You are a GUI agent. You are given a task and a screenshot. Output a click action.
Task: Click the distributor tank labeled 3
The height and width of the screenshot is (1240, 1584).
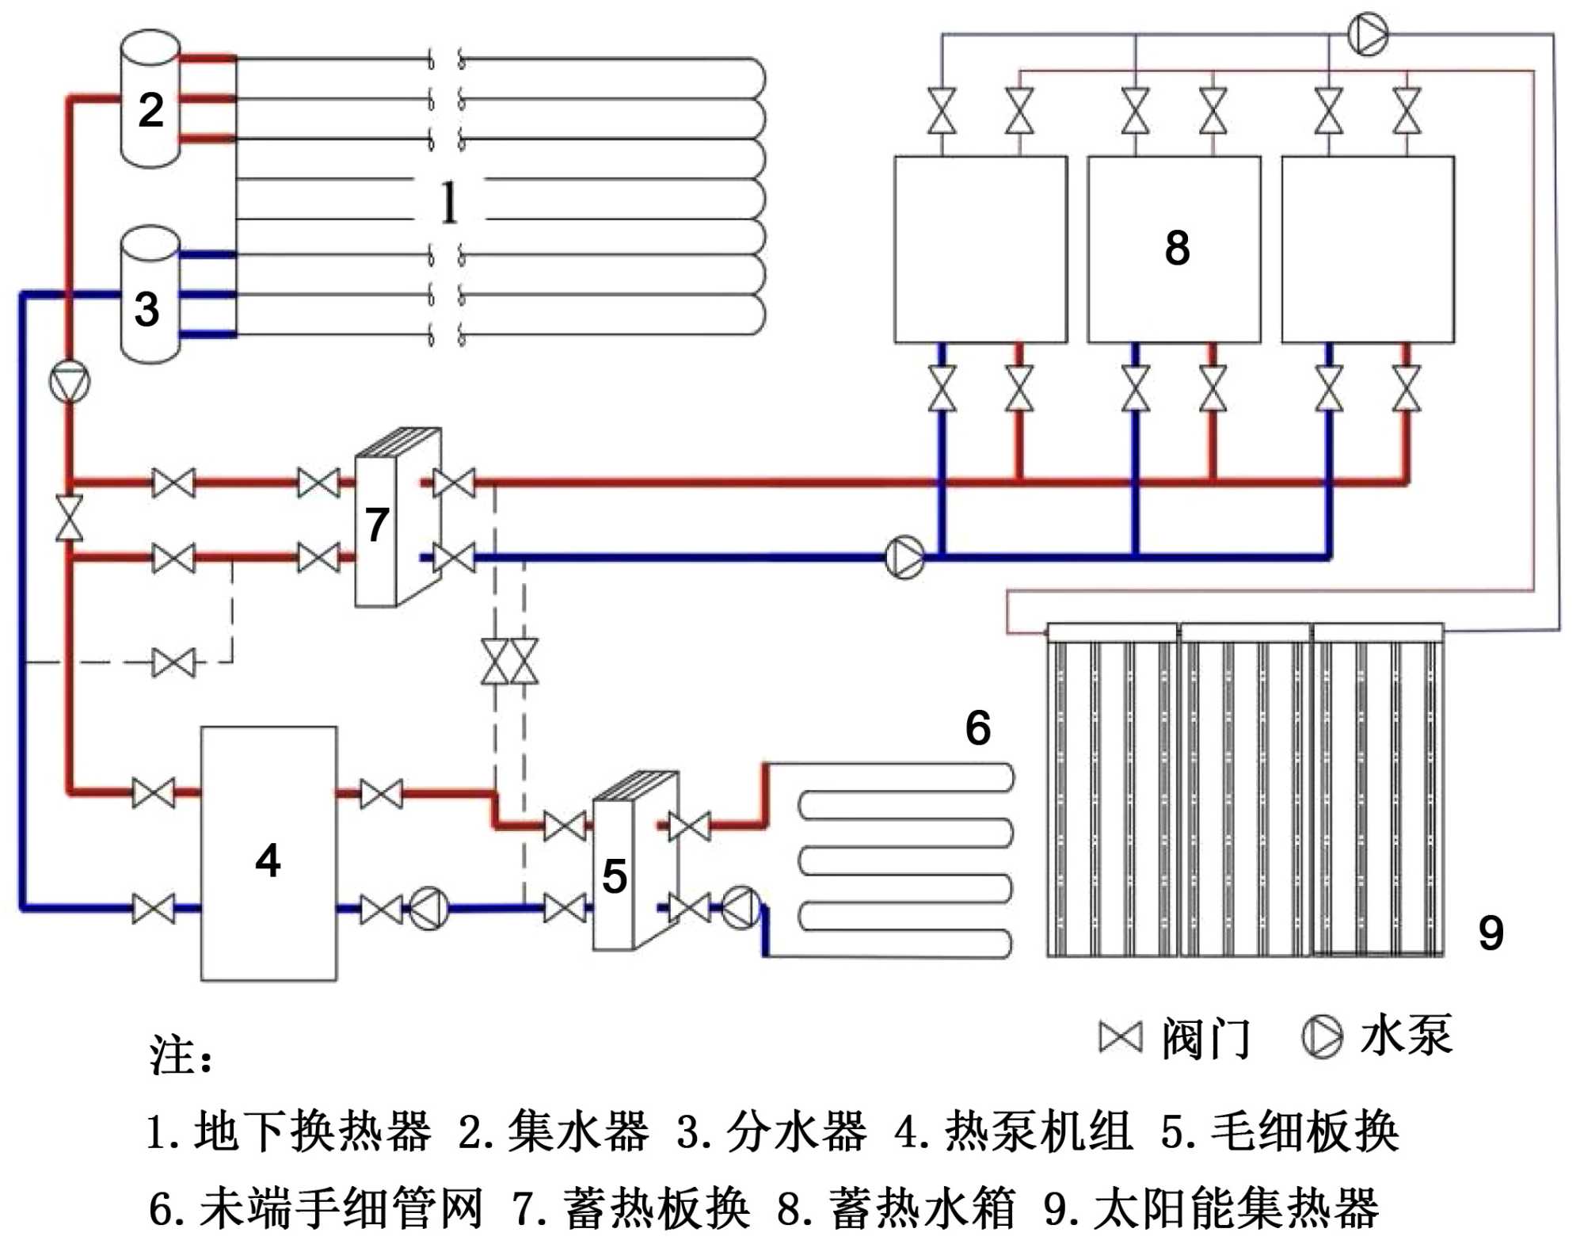[x=150, y=296]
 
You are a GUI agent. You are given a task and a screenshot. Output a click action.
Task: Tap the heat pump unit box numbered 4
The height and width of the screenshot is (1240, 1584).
[x=268, y=854]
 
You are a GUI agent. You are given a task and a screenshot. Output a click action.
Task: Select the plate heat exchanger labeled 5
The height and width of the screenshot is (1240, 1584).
[x=626, y=864]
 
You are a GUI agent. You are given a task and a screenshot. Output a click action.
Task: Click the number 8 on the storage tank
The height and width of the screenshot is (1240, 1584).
[x=1177, y=248]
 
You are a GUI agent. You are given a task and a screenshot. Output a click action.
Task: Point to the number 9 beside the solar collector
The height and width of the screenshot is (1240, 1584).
[x=1491, y=933]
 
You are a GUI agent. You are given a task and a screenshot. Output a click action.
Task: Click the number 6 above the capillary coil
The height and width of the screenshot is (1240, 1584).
[x=977, y=727]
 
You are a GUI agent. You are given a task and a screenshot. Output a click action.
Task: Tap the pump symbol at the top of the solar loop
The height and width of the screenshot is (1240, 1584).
[x=1367, y=35]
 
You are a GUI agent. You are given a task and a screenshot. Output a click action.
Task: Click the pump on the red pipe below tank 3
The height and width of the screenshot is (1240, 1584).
[x=70, y=382]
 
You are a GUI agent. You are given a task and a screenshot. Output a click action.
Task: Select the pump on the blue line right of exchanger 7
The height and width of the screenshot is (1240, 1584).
[x=904, y=557]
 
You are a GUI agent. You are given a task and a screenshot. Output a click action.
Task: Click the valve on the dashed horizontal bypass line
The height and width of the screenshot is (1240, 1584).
[x=173, y=662]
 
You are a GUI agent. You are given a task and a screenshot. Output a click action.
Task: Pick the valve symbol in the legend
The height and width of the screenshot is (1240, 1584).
[x=1121, y=1037]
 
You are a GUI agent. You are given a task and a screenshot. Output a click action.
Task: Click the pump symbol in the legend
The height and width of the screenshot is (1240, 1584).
[x=1322, y=1037]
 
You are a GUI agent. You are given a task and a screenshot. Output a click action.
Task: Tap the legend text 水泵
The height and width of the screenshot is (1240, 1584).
[x=1407, y=1036]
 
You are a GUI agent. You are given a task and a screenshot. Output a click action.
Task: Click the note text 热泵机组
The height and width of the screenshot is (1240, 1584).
[x=1038, y=1131]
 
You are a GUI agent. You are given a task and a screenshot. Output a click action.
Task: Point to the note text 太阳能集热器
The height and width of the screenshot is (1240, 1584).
[x=1236, y=1208]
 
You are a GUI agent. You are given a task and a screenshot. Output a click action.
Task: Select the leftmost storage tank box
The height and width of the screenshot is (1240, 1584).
[x=980, y=250]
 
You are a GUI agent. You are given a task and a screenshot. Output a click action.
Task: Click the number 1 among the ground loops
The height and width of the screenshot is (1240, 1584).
[x=449, y=203]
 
